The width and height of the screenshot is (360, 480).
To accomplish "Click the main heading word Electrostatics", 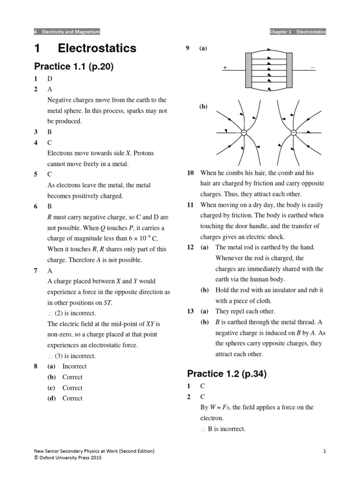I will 97,48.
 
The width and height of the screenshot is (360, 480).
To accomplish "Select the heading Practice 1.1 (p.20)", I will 74,67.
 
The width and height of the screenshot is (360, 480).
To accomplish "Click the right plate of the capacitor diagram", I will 289,70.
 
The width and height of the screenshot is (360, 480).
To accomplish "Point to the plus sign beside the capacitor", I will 225,68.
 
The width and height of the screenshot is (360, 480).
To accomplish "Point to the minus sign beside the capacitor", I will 313,67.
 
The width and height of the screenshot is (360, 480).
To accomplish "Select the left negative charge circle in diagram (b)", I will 243,133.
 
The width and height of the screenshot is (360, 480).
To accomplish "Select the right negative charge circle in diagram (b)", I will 293,133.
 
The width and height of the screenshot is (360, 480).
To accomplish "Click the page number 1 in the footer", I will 324,451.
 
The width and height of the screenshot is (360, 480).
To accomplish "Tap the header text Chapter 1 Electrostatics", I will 298,32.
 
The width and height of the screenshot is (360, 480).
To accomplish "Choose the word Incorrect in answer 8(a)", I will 74,366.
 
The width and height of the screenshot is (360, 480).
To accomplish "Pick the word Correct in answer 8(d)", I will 72,398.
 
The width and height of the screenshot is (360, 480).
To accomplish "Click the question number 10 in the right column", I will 190,173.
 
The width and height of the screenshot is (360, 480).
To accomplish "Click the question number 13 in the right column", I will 190,311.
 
